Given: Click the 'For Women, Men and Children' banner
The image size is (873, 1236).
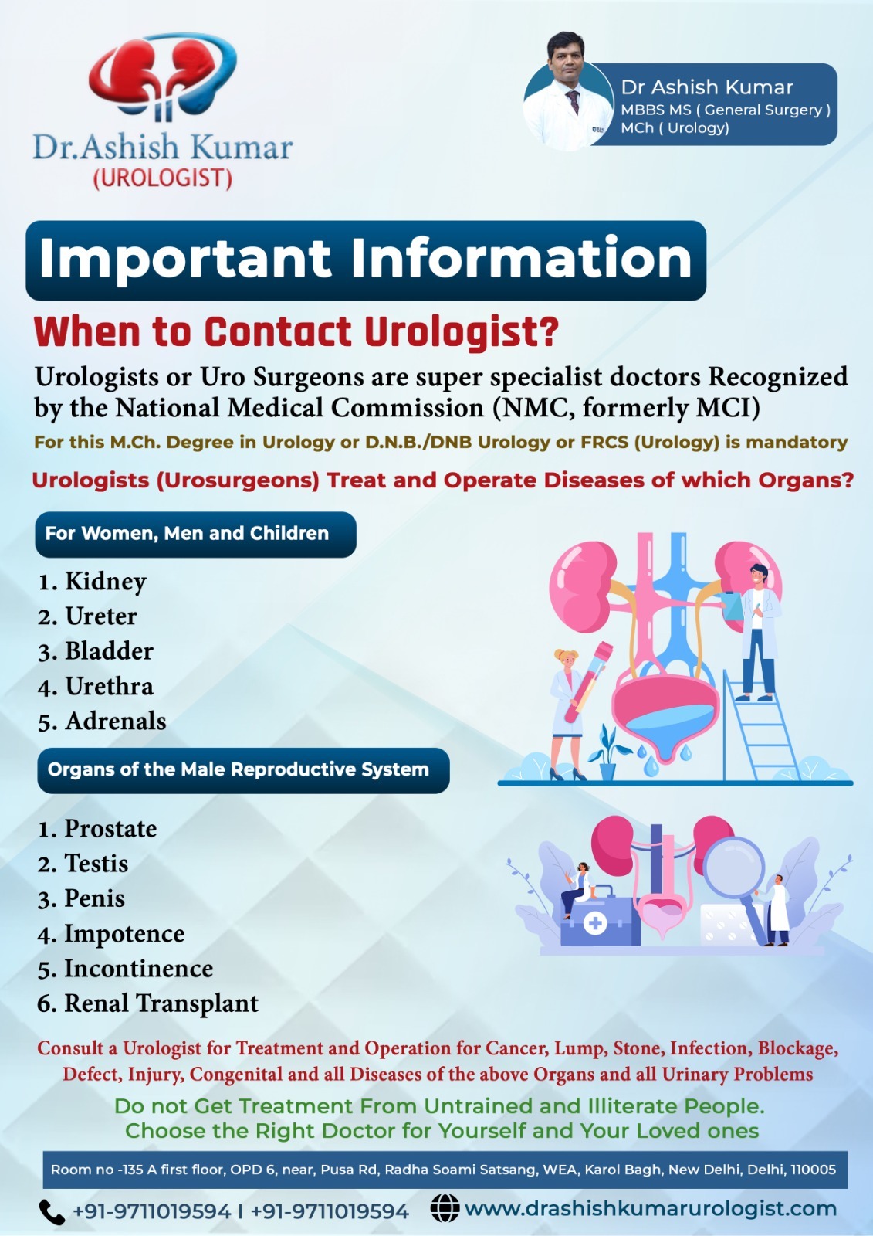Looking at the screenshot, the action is point(196,534).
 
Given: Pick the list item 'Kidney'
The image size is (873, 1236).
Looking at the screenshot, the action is point(106,582).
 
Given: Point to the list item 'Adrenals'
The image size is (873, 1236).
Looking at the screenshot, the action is point(116,722).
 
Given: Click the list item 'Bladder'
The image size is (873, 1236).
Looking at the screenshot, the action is point(109,651).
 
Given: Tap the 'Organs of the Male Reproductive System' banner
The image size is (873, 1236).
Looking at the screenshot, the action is point(243,769).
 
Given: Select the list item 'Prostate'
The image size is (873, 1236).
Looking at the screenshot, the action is point(111,828).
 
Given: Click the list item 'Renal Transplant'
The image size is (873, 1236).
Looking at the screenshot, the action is point(161,1003).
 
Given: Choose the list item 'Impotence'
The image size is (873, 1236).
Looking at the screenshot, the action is point(124,934).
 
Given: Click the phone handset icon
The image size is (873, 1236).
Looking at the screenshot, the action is point(52,1212).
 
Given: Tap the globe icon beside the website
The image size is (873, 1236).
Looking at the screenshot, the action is point(445,1208).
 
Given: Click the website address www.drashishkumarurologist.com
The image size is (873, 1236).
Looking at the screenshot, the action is point(651,1208).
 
